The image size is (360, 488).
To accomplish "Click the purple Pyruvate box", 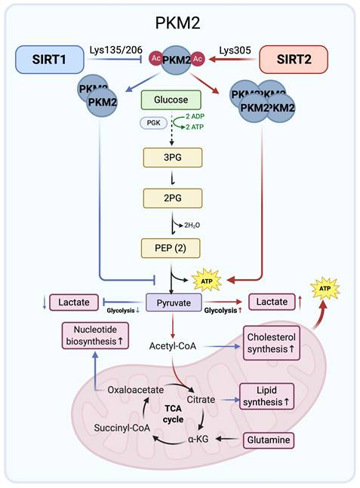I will coord(173,302).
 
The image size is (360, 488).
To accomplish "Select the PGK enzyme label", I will coord(152,122).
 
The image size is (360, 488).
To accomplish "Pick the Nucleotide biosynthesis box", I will coord(98,337).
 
